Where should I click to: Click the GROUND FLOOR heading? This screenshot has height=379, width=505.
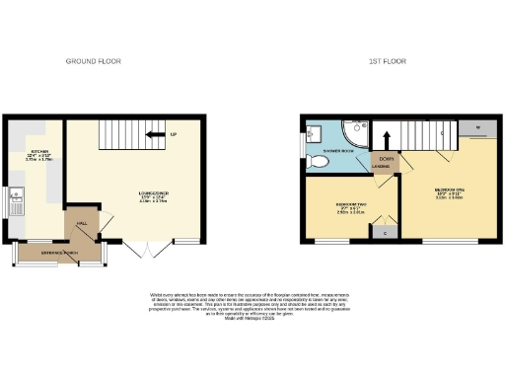click(x=93, y=61)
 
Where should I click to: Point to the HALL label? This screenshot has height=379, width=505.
click(x=82, y=224)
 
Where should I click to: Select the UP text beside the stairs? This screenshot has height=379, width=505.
click(x=174, y=134)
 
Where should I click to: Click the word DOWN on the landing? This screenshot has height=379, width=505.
click(x=383, y=158)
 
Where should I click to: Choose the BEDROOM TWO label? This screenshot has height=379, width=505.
click(x=351, y=207)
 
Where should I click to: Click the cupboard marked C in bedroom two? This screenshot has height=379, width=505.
click(x=383, y=232)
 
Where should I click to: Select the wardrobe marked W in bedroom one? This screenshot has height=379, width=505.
click(x=476, y=129)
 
